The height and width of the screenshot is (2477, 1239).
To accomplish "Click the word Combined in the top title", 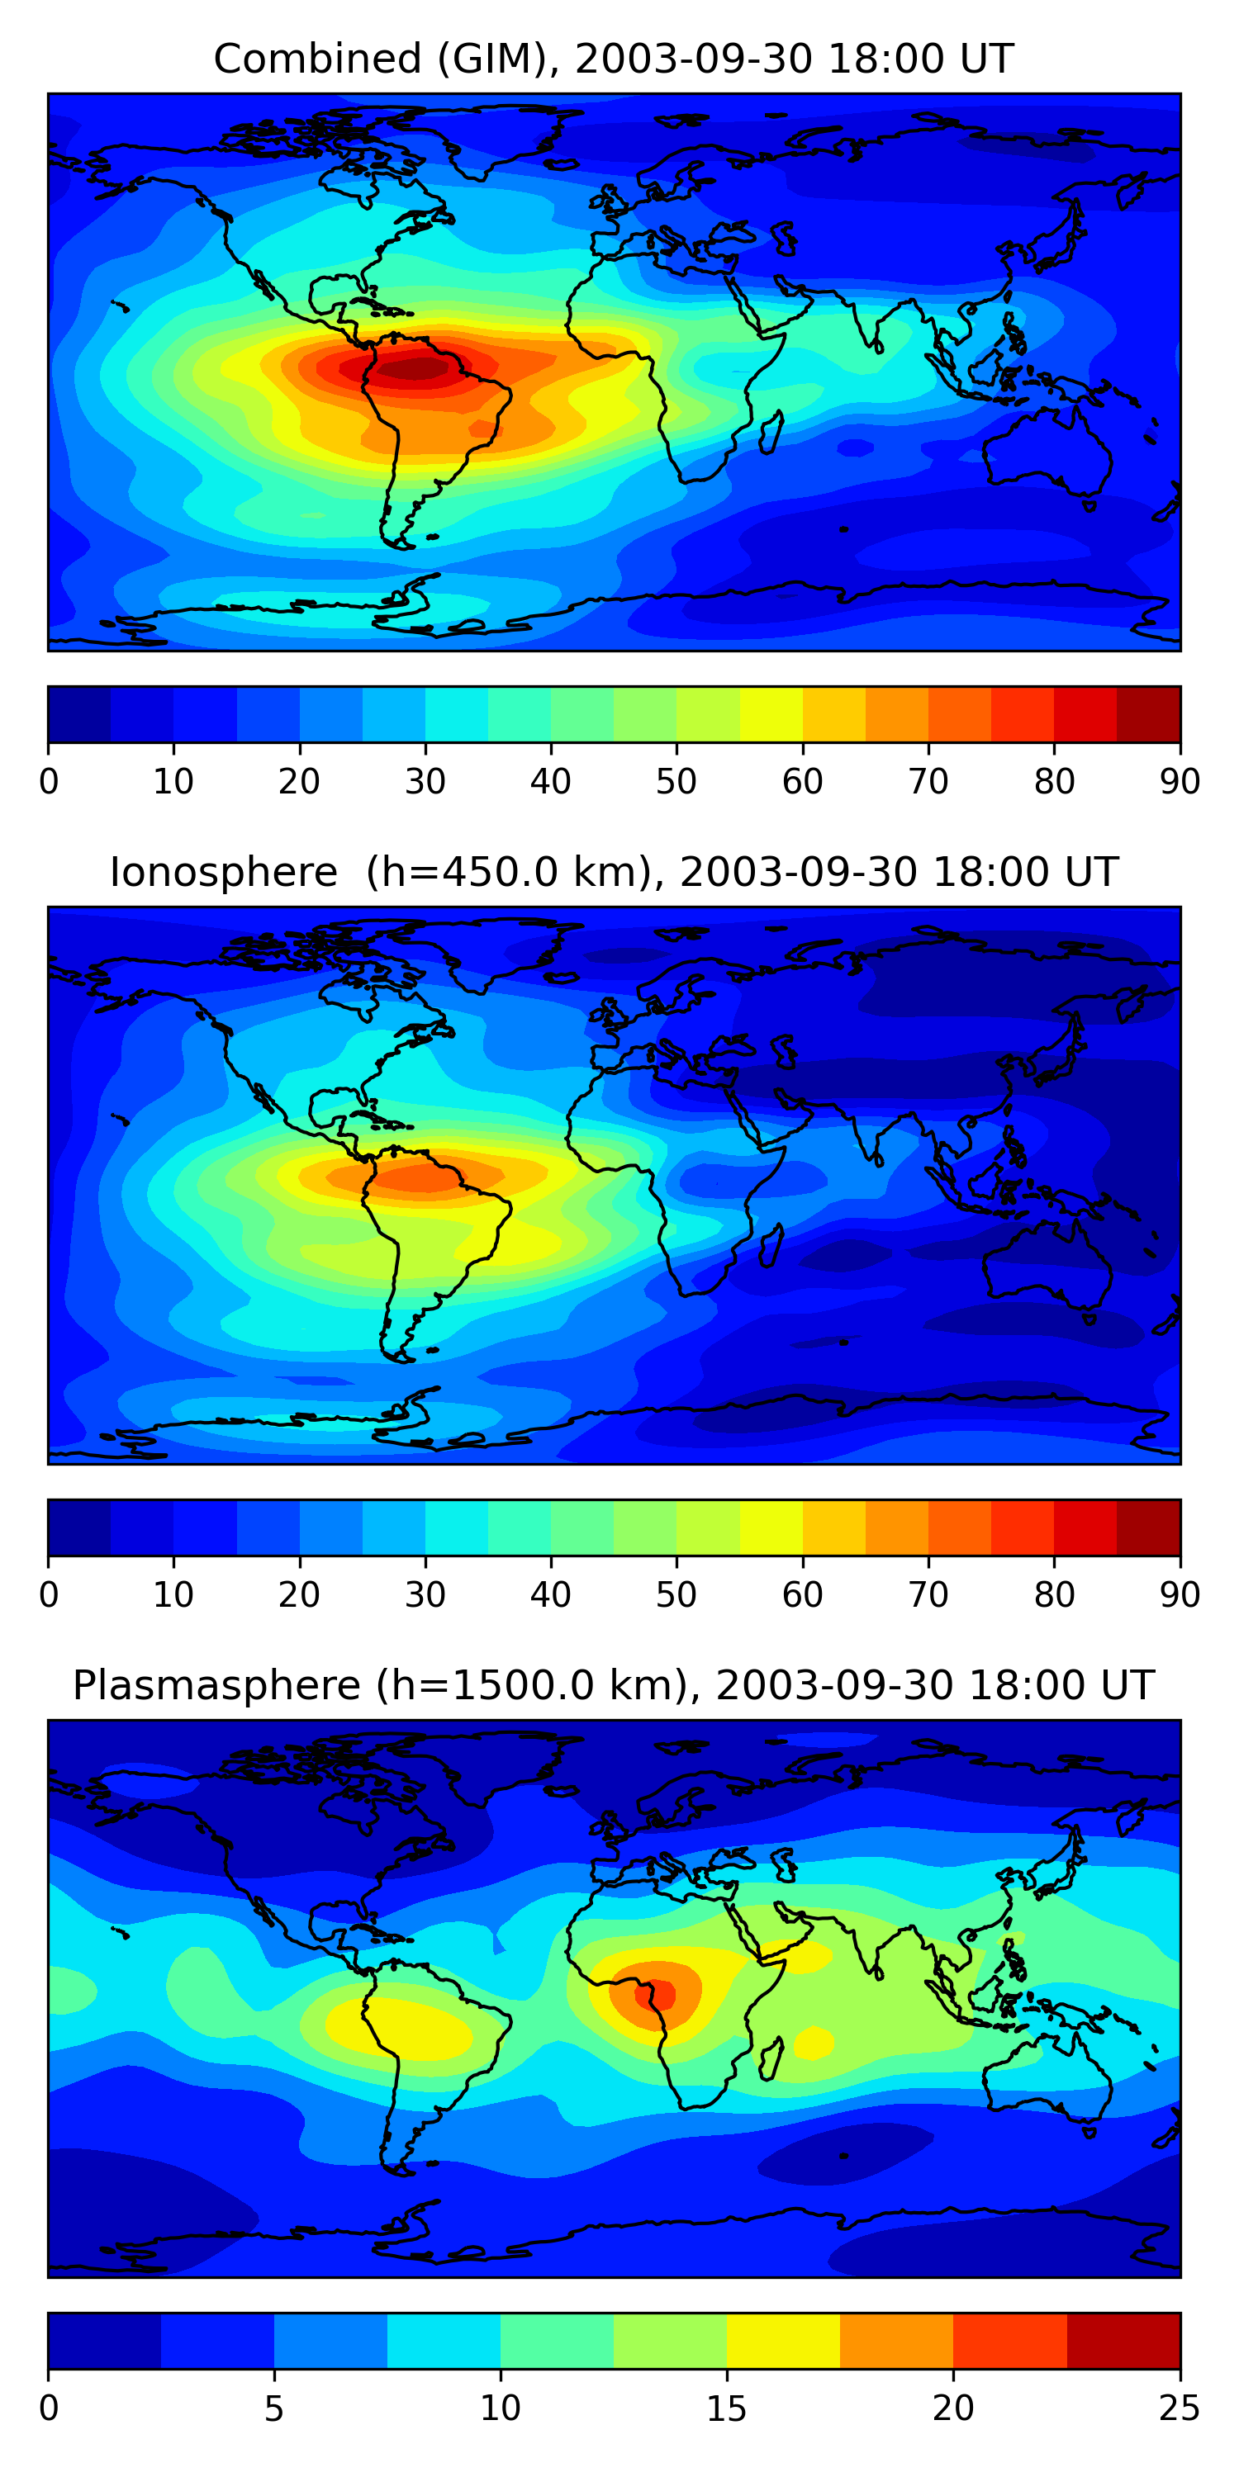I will (x=316, y=59).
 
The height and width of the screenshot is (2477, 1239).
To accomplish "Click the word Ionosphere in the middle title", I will (x=223, y=872).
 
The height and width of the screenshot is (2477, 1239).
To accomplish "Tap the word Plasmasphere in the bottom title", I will (x=216, y=1686).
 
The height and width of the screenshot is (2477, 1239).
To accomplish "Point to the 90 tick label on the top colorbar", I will (x=1180, y=782).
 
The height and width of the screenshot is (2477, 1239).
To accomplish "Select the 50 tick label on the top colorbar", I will (x=676, y=782).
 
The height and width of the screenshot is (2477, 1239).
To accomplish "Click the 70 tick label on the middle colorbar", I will (x=928, y=1594).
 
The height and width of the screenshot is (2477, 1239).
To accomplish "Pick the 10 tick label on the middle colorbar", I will (x=173, y=1594).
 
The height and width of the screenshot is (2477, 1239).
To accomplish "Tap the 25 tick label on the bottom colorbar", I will (x=1180, y=2408).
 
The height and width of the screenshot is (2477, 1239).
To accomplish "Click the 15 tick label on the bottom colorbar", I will (x=726, y=2408).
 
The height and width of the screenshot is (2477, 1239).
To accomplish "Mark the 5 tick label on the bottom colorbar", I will (x=274, y=2408).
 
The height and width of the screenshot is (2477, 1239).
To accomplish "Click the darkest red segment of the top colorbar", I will (x=1149, y=714).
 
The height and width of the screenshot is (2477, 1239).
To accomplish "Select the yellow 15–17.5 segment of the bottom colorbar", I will (x=783, y=2341).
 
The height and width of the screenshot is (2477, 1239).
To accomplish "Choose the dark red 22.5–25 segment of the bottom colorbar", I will (x=1123, y=2341).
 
